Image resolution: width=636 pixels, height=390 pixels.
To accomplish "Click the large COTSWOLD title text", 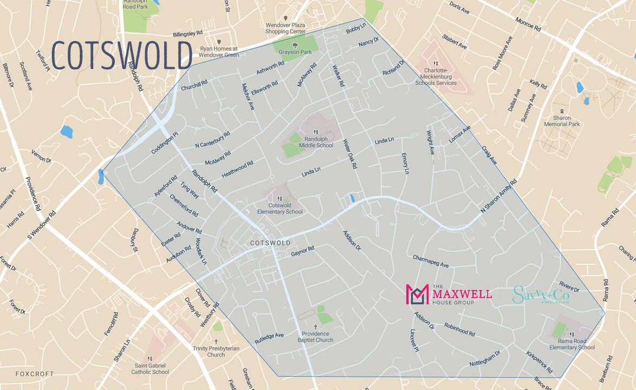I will (122, 55).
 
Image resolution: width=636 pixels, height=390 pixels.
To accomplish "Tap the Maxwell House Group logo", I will (449, 295).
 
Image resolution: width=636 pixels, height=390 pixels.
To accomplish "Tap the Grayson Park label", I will (295, 52).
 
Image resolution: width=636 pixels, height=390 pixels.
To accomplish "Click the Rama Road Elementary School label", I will (572, 344).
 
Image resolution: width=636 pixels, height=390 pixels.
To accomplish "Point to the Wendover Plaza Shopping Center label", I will (285, 28).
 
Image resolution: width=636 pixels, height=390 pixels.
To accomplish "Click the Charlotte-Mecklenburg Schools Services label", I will (436, 76).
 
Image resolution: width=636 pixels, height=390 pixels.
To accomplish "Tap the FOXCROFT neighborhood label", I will (35, 374).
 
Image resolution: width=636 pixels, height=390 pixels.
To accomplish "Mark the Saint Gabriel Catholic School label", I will (152, 368).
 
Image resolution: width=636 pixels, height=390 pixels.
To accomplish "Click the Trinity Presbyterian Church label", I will (216, 352).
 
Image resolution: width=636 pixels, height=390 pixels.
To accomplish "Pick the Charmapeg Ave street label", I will (431, 261).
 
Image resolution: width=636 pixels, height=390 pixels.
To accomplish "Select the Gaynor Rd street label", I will (302, 252).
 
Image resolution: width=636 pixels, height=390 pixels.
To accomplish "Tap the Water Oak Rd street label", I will (350, 154).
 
